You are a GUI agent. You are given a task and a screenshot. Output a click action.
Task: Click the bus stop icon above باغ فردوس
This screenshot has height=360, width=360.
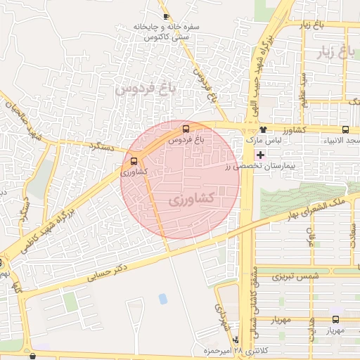tap(186, 129)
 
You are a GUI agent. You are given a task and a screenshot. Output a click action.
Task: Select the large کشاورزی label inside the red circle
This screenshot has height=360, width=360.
tap(192, 200)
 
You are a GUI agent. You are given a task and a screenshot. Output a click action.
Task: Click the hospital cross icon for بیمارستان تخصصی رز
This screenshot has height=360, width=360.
tap(261, 154)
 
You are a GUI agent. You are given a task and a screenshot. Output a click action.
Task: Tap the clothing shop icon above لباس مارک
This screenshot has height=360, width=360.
tap(263, 129)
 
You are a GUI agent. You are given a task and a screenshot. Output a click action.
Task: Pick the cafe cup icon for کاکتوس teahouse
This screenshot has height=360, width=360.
tap(166, 15)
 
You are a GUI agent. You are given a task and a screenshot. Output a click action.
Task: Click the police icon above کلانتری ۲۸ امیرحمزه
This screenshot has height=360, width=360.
tap(236, 339)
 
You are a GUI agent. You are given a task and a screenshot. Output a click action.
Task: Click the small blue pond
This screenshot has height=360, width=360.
tap(163, 299)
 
